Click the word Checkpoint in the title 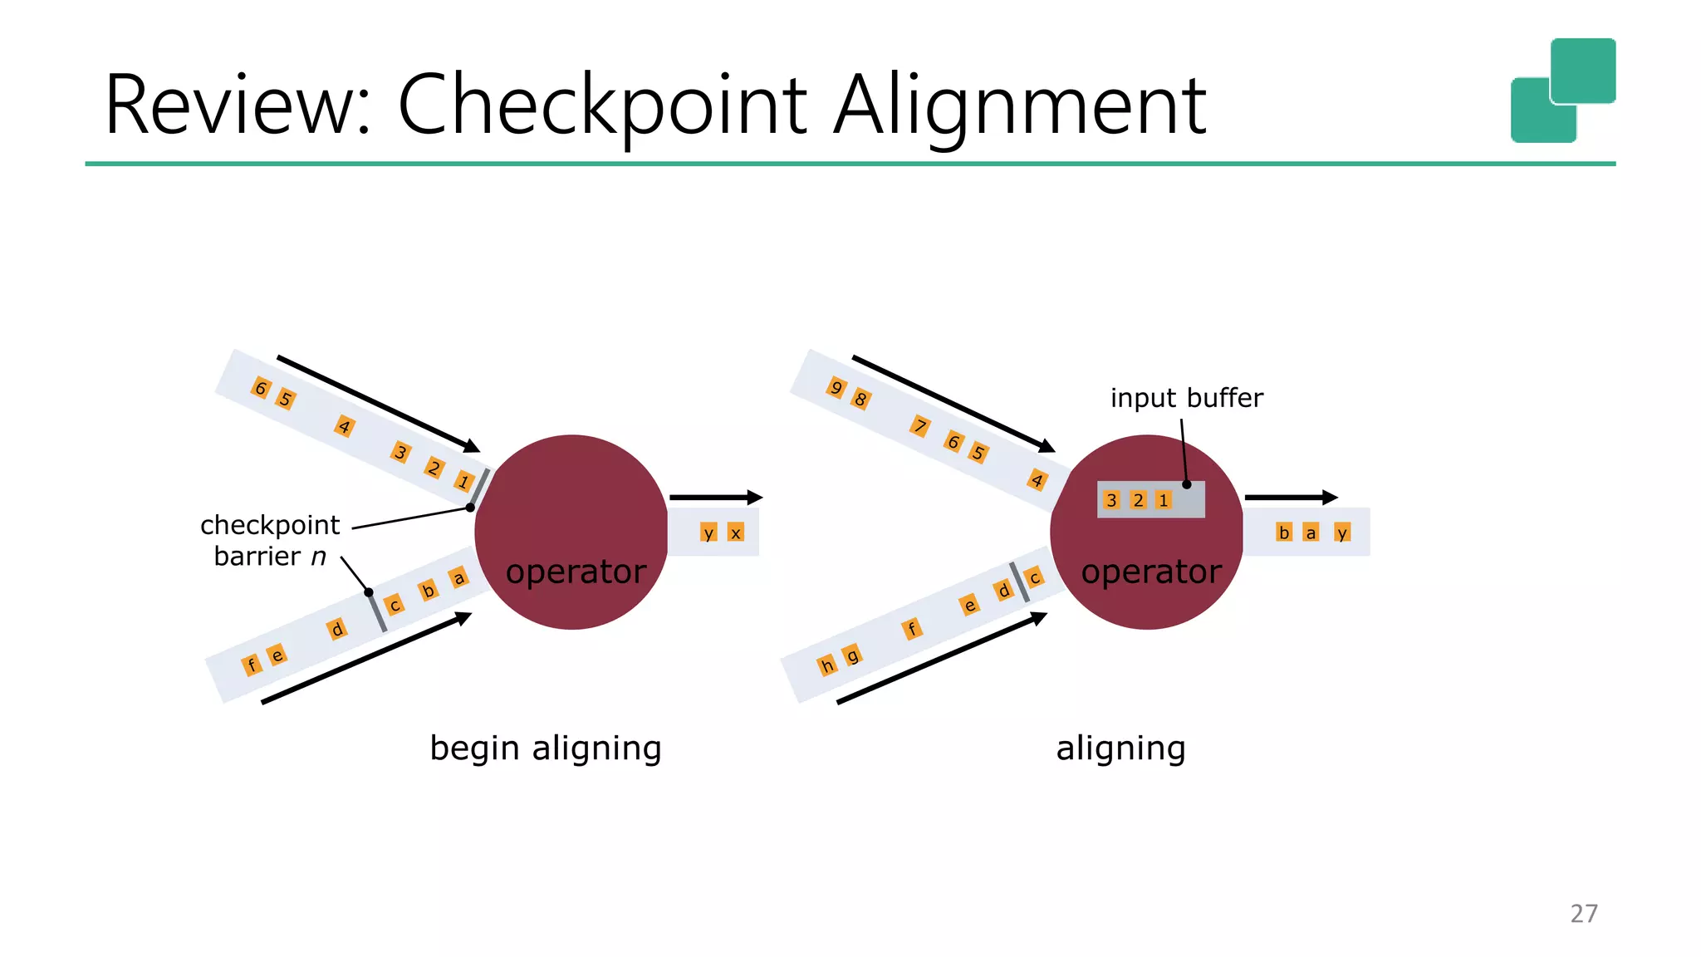(602, 106)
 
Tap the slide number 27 (1583, 913)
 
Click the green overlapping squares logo (1562, 90)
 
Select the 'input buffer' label (1186, 398)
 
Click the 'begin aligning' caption (545, 748)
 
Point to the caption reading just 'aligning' (1120, 748)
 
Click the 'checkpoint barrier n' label (270, 540)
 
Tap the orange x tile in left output (735, 532)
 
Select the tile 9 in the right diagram (836, 387)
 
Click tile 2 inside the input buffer (1138, 500)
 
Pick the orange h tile (826, 665)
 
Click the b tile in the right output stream (1284, 532)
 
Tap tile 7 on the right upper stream (919, 426)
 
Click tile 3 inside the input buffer (1111, 500)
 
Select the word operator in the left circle (576, 572)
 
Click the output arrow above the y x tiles (715, 498)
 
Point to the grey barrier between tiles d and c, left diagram (378, 613)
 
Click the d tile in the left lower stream (336, 629)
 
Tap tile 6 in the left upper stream (260, 388)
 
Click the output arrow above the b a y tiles (1291, 498)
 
